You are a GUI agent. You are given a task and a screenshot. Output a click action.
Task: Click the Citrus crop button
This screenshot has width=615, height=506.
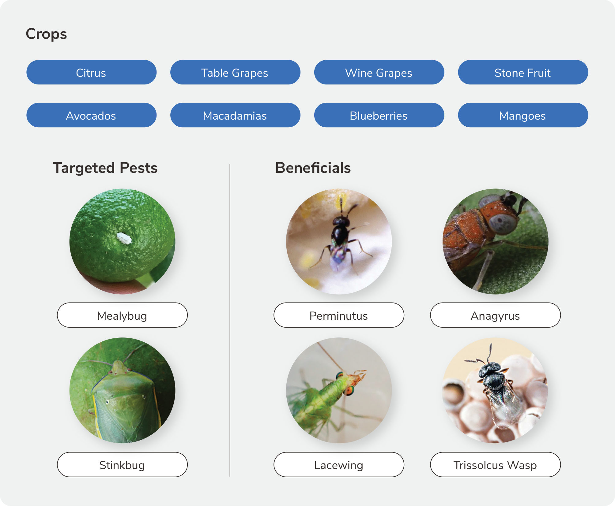91,72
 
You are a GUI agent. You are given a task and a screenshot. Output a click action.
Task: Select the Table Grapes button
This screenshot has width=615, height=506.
235,72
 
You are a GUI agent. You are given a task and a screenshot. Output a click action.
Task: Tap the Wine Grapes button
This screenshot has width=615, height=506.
379,72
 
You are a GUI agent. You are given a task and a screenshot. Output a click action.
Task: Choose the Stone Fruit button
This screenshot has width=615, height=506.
523,72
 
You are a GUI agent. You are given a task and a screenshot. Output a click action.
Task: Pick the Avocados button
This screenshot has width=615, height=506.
91,115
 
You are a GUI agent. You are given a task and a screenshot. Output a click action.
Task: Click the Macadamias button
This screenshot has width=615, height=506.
235,115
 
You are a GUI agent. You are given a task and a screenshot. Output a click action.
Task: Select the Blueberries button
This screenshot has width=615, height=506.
379,115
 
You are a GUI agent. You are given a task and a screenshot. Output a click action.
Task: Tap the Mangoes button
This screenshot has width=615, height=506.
523,115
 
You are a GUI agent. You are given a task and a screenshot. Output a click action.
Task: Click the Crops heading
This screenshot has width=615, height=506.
46,34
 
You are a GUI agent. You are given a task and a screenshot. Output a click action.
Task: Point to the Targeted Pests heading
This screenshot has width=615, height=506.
105,168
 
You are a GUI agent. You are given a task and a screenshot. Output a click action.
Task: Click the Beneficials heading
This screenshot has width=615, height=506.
313,168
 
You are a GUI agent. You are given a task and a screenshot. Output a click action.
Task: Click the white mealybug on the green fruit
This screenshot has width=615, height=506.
124,238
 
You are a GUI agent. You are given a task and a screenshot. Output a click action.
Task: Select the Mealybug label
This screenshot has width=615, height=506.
122,315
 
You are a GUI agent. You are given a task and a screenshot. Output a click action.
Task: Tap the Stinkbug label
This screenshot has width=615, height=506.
122,464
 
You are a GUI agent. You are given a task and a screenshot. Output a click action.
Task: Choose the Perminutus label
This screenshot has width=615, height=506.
339,315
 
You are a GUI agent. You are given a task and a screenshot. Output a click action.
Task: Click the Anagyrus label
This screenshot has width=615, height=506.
495,315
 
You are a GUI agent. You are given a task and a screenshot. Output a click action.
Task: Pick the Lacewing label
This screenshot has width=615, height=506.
339,464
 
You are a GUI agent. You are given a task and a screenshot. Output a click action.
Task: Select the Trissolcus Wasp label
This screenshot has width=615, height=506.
495,464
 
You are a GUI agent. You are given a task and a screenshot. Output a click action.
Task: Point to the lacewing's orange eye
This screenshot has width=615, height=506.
349,390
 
